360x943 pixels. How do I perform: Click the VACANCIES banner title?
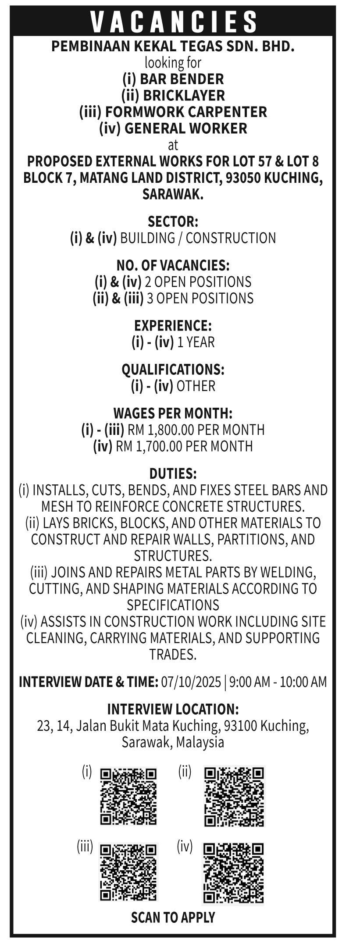coord(174,21)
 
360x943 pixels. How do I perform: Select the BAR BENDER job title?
coord(182,79)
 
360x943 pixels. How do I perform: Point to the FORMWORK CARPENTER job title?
coord(186,112)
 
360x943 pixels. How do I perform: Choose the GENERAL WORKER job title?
coord(185,128)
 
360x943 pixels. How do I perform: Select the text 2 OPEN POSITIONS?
coord(198,281)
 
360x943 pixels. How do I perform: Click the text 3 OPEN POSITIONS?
coord(200,298)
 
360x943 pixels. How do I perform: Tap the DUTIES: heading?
coord(173,473)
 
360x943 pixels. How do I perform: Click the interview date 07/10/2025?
coord(191,682)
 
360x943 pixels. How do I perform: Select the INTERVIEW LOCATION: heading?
coord(173,709)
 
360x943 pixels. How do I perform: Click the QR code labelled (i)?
coord(128,796)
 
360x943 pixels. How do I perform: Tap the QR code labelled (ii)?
coord(234,796)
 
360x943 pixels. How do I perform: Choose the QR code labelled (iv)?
coord(234,873)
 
